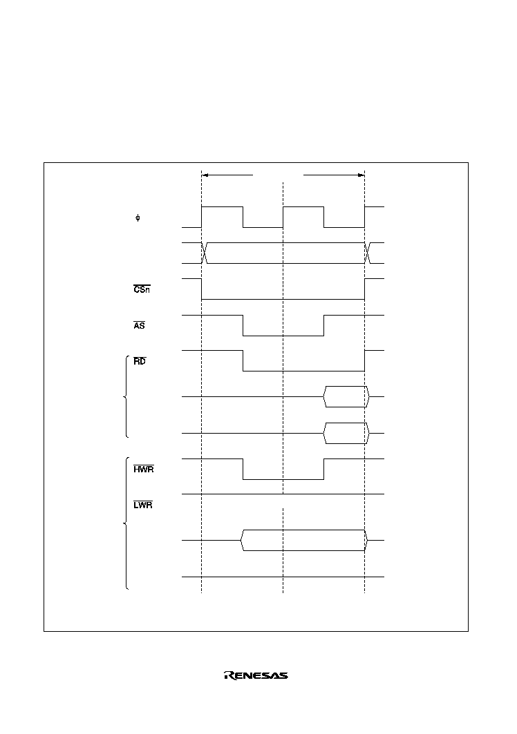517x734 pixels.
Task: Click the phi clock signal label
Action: [138, 218]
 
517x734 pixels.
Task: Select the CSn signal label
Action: [142, 289]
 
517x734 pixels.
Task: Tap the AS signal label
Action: [139, 325]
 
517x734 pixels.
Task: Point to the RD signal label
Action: [139, 361]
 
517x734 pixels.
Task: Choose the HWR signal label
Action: [144, 469]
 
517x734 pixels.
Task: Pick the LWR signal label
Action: [143, 505]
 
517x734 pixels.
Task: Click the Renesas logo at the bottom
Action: [256, 675]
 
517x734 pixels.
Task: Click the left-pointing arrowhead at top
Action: [205, 175]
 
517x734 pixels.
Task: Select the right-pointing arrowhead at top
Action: [361, 175]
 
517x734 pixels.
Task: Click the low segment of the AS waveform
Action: [283, 336]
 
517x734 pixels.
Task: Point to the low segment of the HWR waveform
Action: [283, 479]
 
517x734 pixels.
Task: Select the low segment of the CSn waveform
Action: [283, 299]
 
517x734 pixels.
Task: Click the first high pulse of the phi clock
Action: [222, 206]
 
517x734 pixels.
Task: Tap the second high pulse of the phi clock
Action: [303, 206]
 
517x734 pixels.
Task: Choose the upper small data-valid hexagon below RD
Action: [346, 397]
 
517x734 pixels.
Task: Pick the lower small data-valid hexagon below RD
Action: [346, 433]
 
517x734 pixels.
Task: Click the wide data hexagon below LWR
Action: [303, 540]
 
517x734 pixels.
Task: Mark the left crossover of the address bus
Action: [205, 253]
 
